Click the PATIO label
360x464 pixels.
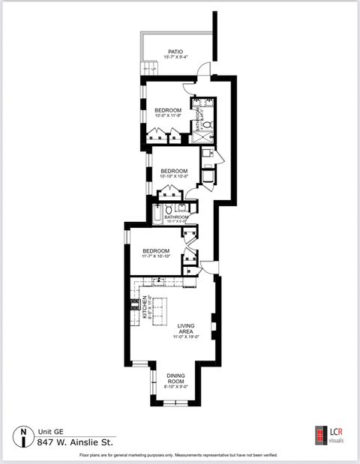point(175,52)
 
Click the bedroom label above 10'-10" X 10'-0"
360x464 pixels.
point(173,171)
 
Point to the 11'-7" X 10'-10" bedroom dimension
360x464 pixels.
point(156,257)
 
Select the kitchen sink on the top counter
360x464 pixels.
point(159,281)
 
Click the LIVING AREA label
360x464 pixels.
point(187,328)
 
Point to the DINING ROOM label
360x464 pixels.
point(175,378)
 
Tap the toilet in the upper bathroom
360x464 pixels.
point(208,124)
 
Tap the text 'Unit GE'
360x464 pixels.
point(50,432)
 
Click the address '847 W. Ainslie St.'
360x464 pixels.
point(75,442)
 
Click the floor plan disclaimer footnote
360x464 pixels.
point(179,455)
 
